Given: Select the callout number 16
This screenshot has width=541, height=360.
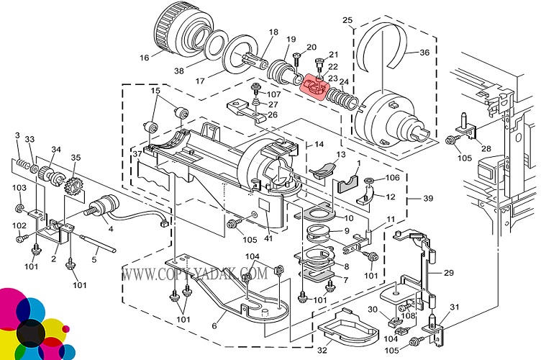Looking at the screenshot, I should (x=145, y=58).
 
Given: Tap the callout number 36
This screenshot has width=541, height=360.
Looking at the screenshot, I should (x=424, y=52).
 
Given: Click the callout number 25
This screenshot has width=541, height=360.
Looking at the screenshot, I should (x=347, y=19).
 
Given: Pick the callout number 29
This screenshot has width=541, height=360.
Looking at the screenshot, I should (x=449, y=273).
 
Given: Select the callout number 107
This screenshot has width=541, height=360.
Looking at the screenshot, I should (x=275, y=94).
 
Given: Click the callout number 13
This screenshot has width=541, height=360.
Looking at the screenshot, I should (x=340, y=154).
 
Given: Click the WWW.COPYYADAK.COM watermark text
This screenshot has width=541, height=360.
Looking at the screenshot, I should (x=194, y=274).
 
